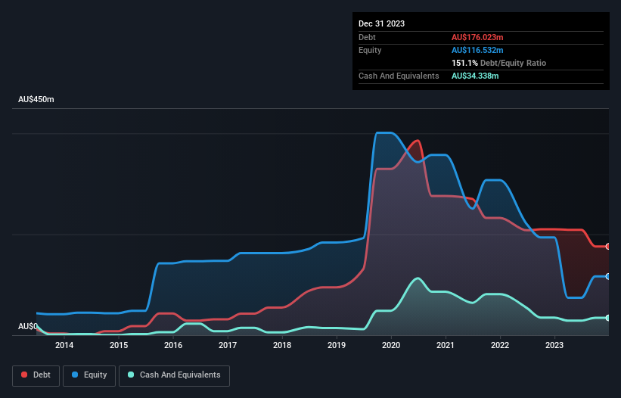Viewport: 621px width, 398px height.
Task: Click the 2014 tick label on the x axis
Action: [64, 346]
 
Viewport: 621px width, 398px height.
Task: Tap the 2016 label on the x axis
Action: [173, 346]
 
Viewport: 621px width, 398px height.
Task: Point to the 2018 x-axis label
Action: [282, 346]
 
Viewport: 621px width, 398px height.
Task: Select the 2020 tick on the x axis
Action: [391, 346]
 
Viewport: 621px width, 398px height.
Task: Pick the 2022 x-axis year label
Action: [500, 346]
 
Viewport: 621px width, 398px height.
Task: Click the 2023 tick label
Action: [554, 346]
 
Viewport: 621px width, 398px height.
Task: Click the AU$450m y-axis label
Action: [36, 100]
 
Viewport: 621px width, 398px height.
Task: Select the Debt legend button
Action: [36, 375]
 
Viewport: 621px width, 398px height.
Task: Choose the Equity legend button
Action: [89, 375]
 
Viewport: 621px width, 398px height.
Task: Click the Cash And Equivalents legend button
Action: [174, 375]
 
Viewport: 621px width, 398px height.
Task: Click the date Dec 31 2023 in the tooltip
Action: [381, 23]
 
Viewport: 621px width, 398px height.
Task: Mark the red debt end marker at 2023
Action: [607, 247]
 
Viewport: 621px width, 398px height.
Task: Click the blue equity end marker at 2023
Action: [607, 276]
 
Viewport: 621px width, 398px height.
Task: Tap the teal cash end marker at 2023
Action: [607, 318]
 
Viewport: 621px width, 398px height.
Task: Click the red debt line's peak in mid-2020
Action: [417, 141]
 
